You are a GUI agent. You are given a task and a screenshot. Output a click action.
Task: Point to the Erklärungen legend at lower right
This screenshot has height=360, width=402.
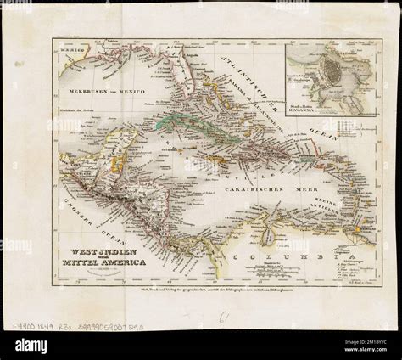point(360,254)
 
